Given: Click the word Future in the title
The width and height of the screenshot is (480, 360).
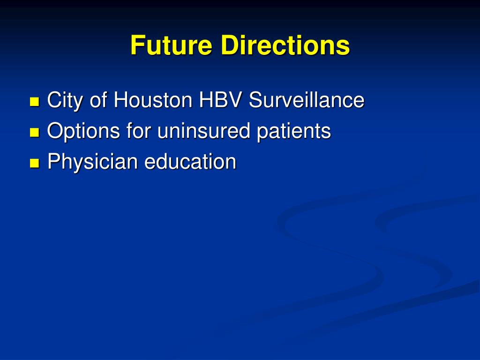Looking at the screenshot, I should click(x=172, y=45).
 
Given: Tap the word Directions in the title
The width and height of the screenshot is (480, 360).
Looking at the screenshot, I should click(x=285, y=45).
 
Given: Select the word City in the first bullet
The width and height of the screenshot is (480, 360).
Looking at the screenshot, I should click(x=65, y=101).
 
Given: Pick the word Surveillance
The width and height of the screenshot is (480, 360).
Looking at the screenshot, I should click(x=307, y=100).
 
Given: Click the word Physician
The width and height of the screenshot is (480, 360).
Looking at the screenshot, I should click(x=93, y=162).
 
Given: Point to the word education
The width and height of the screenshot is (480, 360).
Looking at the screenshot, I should click(x=190, y=162).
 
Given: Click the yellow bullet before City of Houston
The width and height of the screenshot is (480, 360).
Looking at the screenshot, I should click(x=35, y=101).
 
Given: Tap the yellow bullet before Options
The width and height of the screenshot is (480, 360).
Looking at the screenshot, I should click(x=35, y=132).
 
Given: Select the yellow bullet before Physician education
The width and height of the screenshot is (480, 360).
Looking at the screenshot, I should click(x=35, y=163).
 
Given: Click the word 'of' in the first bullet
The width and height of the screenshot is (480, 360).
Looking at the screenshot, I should click(x=98, y=100).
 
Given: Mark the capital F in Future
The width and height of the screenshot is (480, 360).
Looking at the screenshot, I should click(x=136, y=45).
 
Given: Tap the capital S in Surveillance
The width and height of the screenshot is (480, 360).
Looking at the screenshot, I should click(x=255, y=100).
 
